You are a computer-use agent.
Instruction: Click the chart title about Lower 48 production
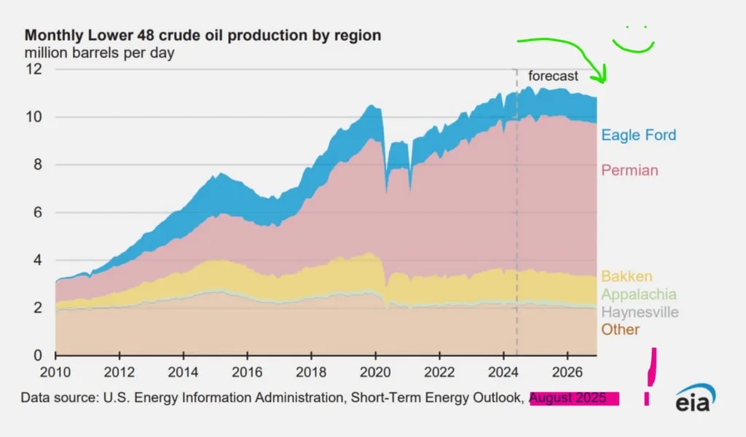[x=203, y=36]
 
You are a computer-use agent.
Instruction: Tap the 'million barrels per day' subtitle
[x=100, y=52]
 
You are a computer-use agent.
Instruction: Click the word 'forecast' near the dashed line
[x=553, y=76]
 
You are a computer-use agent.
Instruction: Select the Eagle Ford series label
[x=638, y=135]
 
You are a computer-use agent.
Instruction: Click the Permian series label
[x=629, y=170]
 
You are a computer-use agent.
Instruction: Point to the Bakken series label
[x=627, y=277]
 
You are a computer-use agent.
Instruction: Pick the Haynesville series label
[x=640, y=312]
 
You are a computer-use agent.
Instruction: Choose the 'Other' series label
[x=620, y=330]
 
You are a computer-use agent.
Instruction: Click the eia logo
[x=695, y=400]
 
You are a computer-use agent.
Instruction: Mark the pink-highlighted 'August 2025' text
[x=574, y=398]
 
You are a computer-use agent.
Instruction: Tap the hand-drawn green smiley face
[x=632, y=42]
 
